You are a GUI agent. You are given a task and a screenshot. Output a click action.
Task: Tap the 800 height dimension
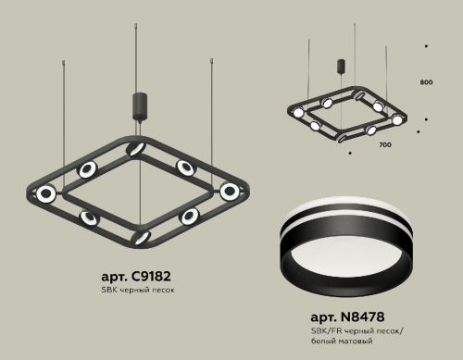pyautogui.click(x=426, y=83)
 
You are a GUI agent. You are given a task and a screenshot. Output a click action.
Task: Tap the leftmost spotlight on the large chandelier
pyautogui.click(x=44, y=193)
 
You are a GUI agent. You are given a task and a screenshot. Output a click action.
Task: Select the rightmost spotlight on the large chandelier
pyautogui.click(x=229, y=191)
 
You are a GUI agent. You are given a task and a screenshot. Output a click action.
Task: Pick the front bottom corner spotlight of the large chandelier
pyautogui.click(x=141, y=238)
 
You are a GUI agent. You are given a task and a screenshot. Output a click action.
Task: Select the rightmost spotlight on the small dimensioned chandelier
pyautogui.click(x=397, y=119)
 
